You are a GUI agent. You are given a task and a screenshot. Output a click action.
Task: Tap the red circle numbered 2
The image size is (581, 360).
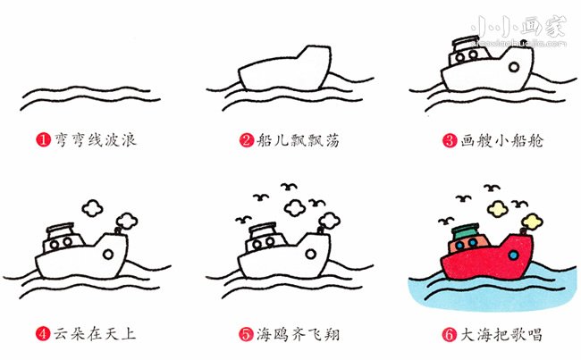tap(246, 141)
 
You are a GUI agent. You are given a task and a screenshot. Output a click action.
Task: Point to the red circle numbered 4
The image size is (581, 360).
tap(42, 335)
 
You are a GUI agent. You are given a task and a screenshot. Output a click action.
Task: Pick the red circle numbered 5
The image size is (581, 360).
tap(245, 335)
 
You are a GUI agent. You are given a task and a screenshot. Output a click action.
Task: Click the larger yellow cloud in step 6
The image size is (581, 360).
tap(498, 209)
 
